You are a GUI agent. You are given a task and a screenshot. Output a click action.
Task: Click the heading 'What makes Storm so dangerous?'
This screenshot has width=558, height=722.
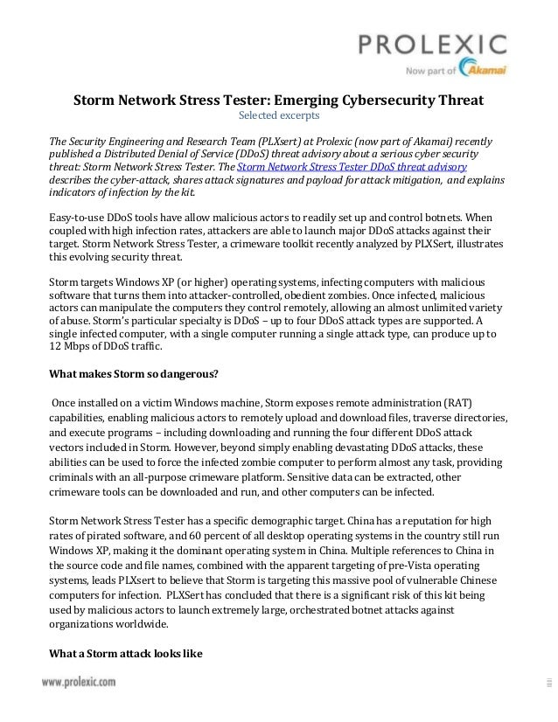coord(133,377)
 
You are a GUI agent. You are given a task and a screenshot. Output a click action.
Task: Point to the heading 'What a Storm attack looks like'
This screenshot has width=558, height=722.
coord(125,653)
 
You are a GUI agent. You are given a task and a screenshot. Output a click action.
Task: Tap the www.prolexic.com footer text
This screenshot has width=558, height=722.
coord(78,683)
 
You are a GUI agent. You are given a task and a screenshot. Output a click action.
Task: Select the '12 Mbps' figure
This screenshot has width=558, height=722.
coord(67,347)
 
